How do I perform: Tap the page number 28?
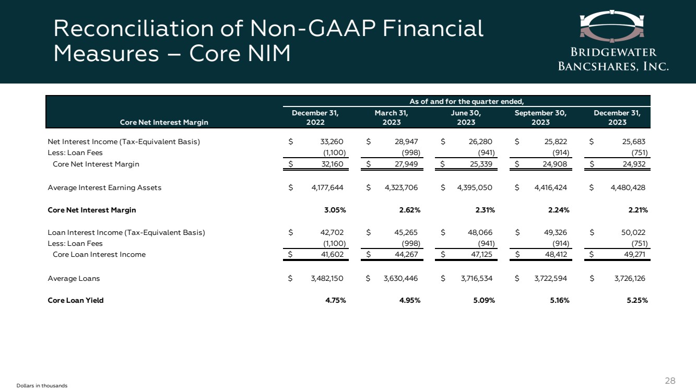[670, 381]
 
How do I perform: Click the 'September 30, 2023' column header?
[541, 117]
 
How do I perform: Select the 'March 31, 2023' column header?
[391, 117]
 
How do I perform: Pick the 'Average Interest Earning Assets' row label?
[104, 188]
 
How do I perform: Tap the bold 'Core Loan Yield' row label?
[76, 300]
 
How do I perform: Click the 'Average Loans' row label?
[74, 278]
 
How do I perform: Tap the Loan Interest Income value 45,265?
[406, 232]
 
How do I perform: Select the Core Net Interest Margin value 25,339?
[481, 164]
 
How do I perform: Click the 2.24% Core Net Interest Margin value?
[558, 210]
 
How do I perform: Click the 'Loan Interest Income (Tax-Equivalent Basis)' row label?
[126, 232]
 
